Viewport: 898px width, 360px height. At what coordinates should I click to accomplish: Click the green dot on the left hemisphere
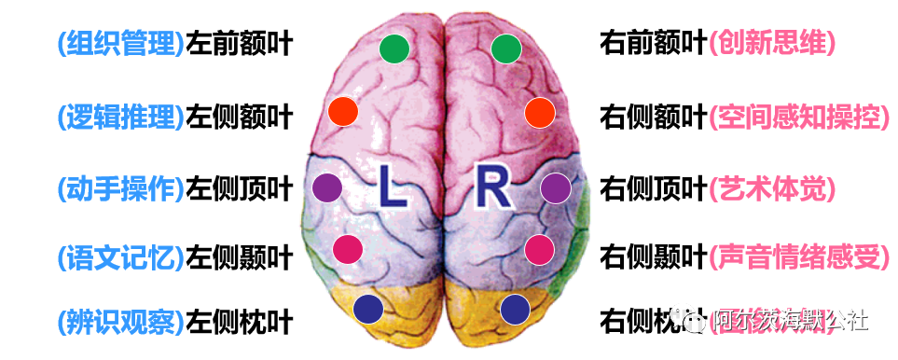point(394,48)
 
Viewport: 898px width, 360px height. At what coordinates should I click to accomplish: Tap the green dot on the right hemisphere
point(505,48)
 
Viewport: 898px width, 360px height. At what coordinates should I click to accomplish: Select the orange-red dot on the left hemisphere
point(344,112)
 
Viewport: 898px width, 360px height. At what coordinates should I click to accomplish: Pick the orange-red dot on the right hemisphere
point(540,112)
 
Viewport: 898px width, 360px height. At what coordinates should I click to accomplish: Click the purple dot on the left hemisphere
point(327,187)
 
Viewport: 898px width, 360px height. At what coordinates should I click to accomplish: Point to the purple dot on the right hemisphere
point(555,187)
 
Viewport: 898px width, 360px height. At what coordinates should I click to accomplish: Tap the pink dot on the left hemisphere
point(347,248)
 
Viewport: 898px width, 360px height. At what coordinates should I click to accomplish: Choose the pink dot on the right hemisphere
point(539,248)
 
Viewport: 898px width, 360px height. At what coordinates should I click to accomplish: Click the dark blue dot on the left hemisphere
point(369,309)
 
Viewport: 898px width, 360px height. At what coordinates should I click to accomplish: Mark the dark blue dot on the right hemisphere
point(515,309)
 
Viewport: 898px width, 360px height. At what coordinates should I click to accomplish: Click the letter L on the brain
point(392,189)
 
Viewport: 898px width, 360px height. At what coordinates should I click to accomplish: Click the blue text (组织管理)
point(120,42)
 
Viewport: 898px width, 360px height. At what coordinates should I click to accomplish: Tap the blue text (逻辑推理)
point(120,117)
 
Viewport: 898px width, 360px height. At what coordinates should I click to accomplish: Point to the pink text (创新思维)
point(771,42)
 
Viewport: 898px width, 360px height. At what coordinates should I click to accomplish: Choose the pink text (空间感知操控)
point(795,117)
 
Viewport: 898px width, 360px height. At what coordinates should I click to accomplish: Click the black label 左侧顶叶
point(240,189)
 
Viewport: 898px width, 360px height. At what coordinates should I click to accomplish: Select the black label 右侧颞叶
point(653,255)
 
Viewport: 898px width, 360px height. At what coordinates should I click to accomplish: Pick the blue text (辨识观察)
point(120,322)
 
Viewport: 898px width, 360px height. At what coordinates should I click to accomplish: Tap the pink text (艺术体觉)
point(771,189)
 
